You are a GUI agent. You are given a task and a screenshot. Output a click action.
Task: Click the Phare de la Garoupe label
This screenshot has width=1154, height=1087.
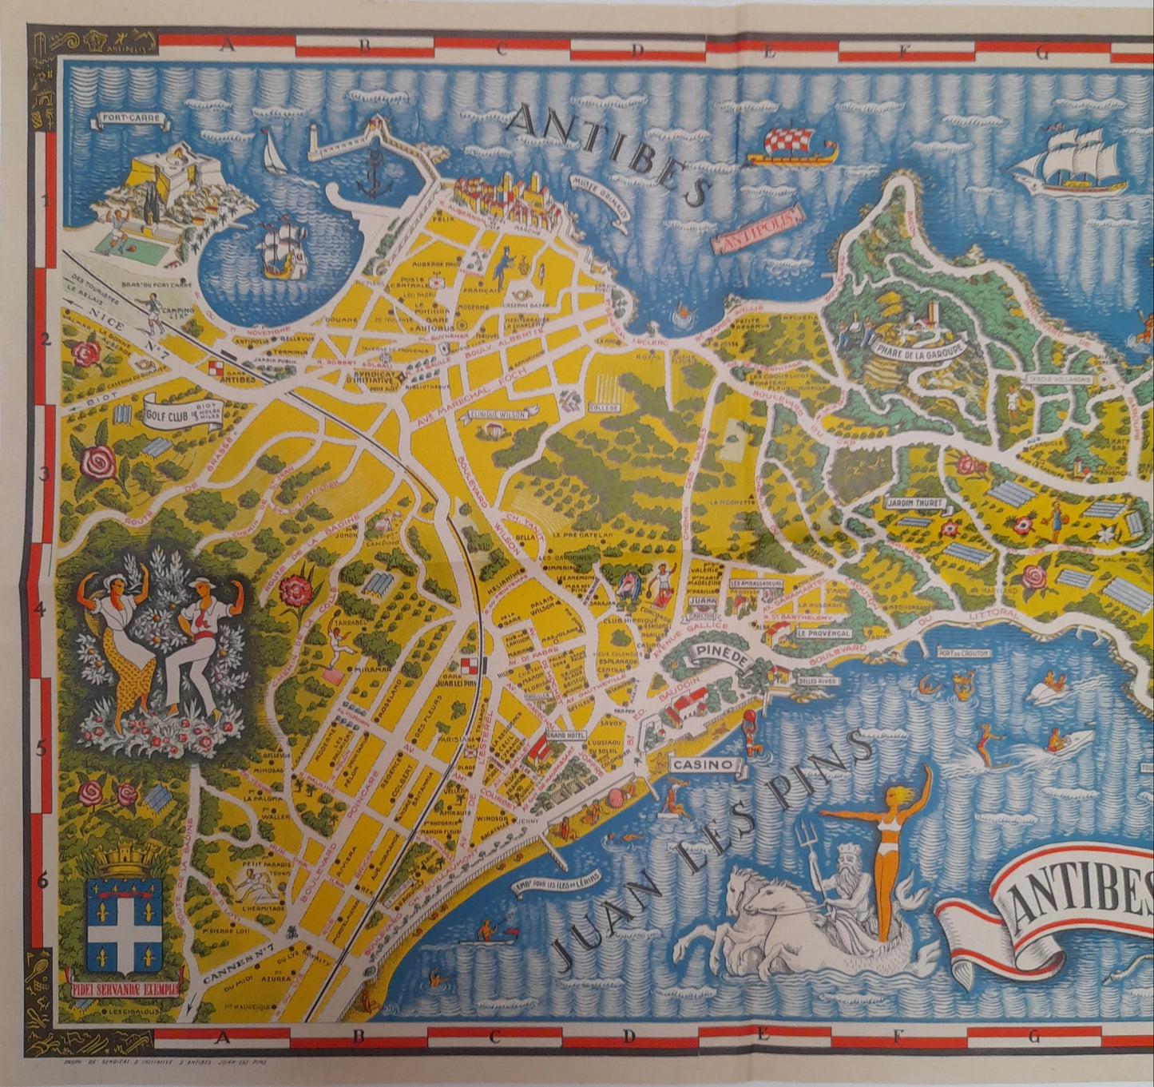click(x=920, y=348)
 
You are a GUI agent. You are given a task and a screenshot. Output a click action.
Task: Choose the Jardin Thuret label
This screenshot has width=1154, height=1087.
click(x=915, y=505)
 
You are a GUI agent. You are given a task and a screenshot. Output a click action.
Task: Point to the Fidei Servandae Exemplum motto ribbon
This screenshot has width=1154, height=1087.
click(x=124, y=976)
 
